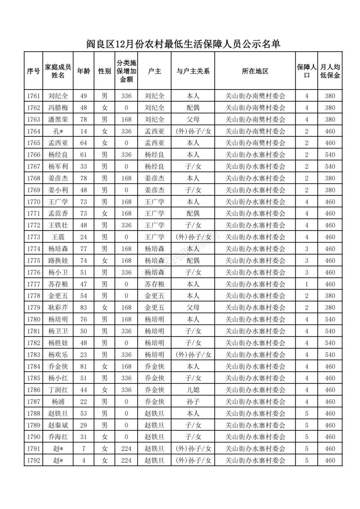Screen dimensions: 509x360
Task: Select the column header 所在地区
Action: click(255, 71)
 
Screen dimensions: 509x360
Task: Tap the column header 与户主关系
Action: click(193, 71)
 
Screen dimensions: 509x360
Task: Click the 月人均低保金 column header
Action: click(330, 71)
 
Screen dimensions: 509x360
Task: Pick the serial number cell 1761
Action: click(33, 96)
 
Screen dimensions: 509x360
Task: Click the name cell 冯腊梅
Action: click(58, 108)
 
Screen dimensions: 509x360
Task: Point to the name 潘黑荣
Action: click(58, 119)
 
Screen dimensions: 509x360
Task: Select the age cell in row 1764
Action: click(83, 131)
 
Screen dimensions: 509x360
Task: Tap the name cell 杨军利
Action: click(58, 167)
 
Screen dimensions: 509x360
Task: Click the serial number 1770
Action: click(33, 202)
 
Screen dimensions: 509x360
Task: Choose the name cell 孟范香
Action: click(58, 213)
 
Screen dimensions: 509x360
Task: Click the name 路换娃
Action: click(58, 261)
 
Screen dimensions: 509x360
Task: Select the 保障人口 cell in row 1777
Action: click(306, 284)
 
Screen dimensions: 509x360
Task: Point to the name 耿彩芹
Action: click(58, 308)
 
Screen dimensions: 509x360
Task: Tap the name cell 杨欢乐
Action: click(58, 355)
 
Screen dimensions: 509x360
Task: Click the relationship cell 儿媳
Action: click(193, 390)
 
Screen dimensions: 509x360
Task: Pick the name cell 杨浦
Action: click(58, 401)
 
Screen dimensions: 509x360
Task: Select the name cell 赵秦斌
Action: click(58, 425)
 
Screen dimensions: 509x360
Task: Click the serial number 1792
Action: click(33, 460)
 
